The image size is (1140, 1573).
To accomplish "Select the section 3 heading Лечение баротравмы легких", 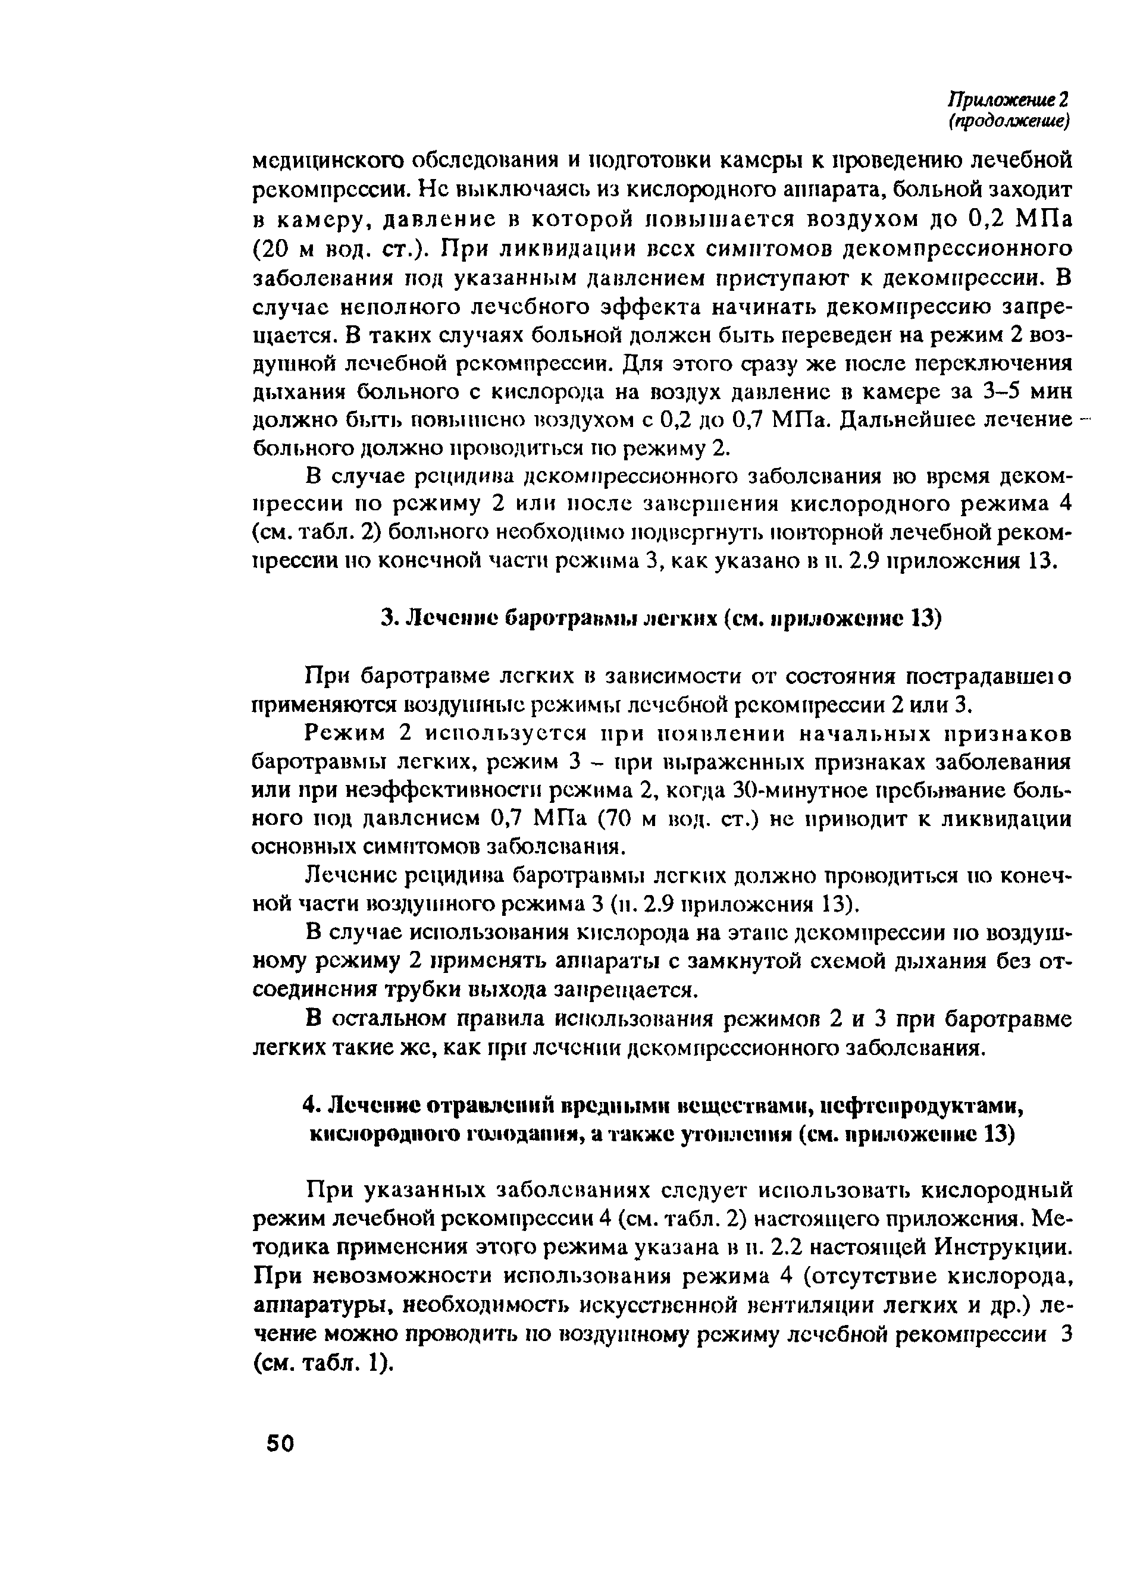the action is point(661,618).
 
